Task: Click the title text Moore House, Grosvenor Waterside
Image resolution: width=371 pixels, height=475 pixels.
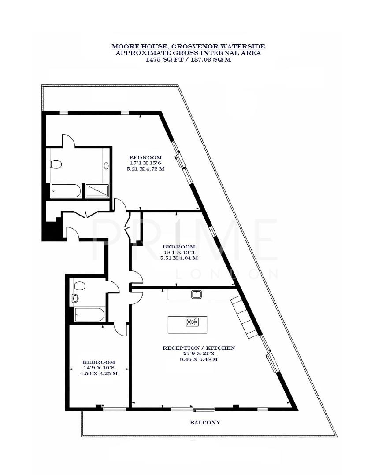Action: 188,46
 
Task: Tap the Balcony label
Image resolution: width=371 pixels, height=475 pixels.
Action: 205,422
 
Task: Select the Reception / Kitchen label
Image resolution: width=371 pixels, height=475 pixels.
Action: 199,347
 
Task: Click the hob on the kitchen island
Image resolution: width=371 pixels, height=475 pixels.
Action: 192,322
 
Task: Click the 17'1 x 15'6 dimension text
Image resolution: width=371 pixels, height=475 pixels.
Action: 145,163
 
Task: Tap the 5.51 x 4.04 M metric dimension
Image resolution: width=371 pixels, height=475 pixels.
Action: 178,259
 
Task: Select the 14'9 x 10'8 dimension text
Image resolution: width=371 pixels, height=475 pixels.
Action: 98,368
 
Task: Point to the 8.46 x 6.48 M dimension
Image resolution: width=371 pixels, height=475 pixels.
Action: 199,359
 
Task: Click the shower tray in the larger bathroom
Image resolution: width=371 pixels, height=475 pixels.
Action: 96,191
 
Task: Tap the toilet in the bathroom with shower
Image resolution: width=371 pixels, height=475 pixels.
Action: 56,164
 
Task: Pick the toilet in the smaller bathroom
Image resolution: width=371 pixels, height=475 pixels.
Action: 79,285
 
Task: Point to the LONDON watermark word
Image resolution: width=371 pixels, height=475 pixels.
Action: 227,274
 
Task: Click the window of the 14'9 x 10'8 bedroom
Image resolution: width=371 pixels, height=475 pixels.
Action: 114,409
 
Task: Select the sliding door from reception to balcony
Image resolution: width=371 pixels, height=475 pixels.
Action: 193,409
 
